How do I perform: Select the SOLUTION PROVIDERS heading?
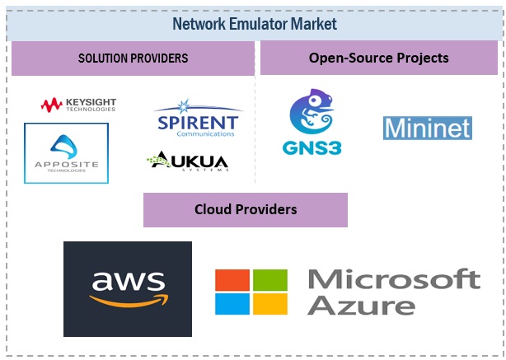pos(133,58)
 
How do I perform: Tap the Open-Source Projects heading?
pos(378,58)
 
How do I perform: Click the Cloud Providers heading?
pos(246,209)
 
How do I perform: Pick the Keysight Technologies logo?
pos(79,105)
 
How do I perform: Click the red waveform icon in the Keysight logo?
pos(52,105)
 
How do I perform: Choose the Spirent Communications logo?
pos(198,119)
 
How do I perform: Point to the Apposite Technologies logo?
pos(66,153)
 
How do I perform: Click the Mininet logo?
pos(427,128)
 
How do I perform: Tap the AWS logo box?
pos(127,288)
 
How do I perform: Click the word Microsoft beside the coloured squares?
pos(394,278)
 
